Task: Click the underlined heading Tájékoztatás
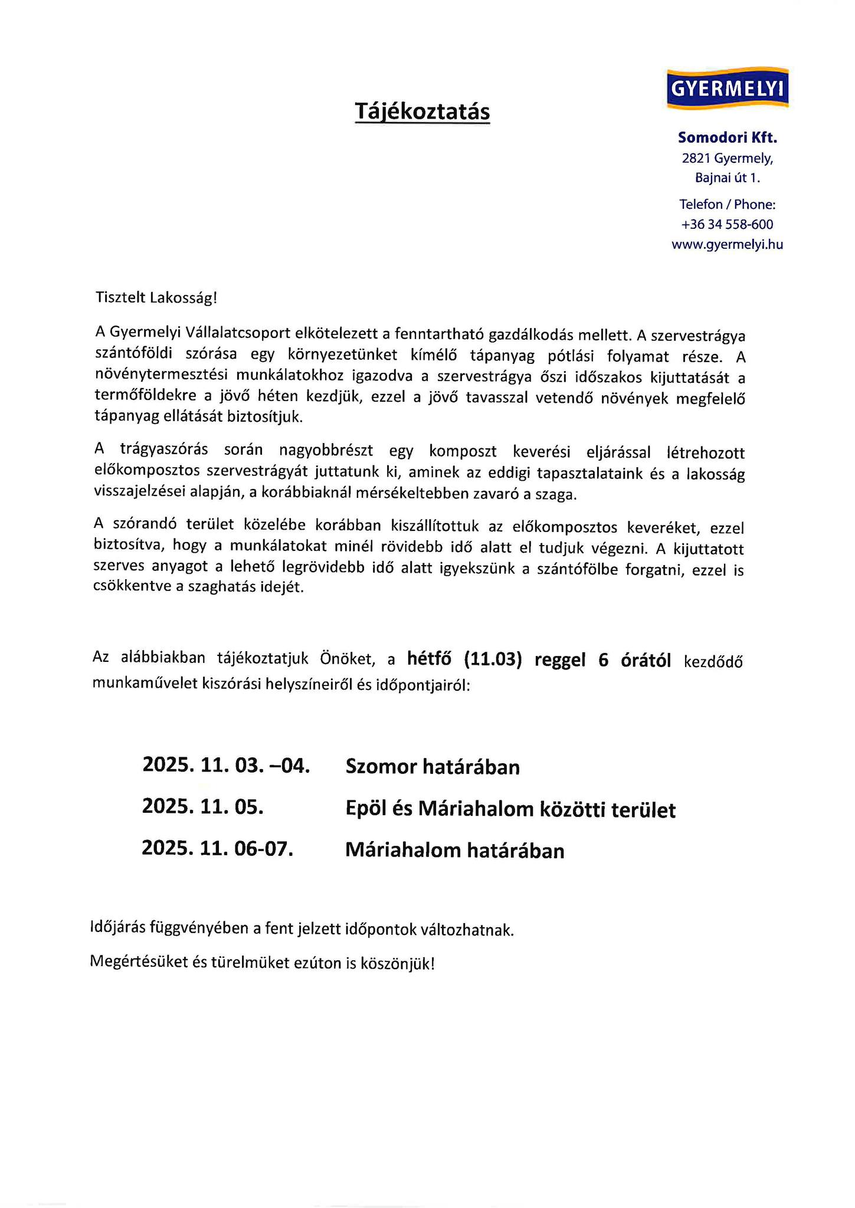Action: pyautogui.click(x=422, y=111)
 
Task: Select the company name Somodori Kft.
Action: pyautogui.click(x=727, y=138)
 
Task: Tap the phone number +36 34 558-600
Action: pyautogui.click(x=727, y=225)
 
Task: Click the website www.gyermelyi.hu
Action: pyautogui.click(x=727, y=245)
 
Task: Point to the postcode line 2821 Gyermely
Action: pyautogui.click(x=727, y=158)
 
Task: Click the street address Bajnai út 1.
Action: pyautogui.click(x=727, y=178)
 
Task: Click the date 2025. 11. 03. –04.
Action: pyautogui.click(x=226, y=766)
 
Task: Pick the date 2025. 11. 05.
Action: pyautogui.click(x=202, y=806)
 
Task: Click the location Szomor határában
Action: pyautogui.click(x=433, y=767)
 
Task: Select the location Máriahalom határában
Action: pyautogui.click(x=454, y=851)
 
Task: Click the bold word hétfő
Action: pyautogui.click(x=431, y=659)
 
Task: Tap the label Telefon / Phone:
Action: pyautogui.click(x=727, y=205)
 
